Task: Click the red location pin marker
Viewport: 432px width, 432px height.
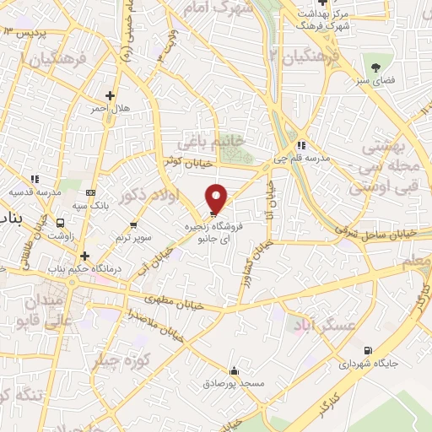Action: (217, 197)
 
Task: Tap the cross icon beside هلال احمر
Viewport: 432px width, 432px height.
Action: (109, 95)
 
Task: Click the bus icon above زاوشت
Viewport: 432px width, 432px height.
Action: (60, 224)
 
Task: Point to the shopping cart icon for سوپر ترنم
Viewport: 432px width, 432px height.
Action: (133, 224)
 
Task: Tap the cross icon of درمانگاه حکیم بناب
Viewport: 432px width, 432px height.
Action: (84, 256)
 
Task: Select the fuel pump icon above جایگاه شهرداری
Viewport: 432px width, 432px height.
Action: (365, 351)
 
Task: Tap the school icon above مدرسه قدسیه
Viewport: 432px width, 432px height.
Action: (35, 179)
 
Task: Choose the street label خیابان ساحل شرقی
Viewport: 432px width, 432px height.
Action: (364, 229)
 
